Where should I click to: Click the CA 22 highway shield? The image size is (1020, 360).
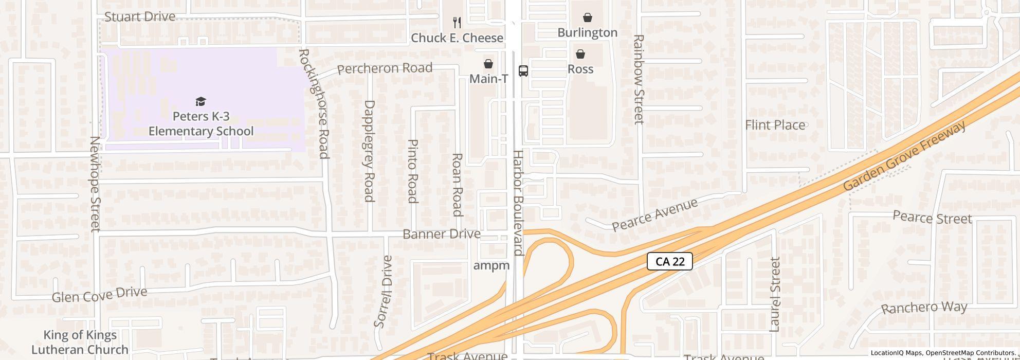(669, 261)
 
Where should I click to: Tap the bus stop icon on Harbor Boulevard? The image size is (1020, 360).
(523, 71)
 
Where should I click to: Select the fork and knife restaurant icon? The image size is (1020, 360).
(457, 22)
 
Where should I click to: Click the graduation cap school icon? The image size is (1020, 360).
(201, 101)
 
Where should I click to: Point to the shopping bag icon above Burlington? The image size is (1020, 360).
(587, 17)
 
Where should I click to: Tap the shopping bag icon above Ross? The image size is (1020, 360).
(580, 54)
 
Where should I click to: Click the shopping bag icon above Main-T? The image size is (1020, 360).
(488, 64)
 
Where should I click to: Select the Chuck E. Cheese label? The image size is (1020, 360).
(457, 38)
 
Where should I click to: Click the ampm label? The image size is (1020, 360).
(491, 265)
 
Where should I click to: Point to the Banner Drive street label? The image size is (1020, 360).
(441, 234)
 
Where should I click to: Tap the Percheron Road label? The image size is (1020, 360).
(385, 68)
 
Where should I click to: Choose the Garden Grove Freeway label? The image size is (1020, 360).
(904, 156)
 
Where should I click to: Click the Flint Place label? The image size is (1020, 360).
(775, 125)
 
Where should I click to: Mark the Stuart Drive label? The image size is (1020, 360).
(140, 17)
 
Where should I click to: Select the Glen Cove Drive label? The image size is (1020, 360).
(99, 295)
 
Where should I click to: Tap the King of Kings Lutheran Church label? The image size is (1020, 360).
(80, 343)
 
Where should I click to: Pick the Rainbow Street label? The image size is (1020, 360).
(639, 79)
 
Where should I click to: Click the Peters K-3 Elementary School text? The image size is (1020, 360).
(201, 124)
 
